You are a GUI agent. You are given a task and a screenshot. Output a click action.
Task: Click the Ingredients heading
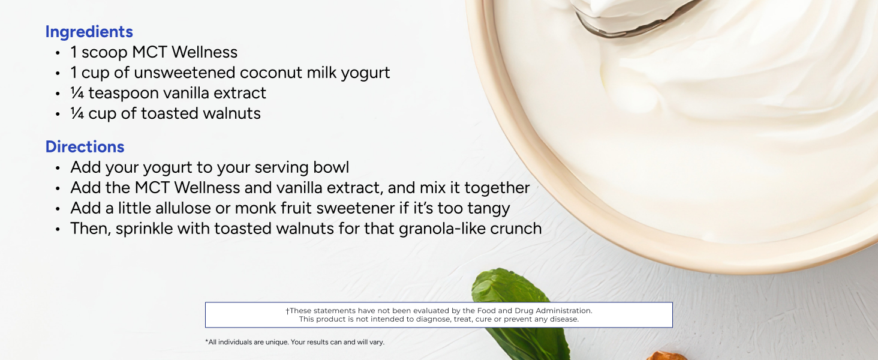[x=89, y=32]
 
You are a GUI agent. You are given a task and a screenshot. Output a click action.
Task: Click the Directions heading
[x=85, y=146]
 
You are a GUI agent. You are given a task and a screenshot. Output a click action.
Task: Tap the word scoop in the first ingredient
[x=104, y=53]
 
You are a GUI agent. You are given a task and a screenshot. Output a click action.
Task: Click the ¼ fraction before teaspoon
[x=77, y=93]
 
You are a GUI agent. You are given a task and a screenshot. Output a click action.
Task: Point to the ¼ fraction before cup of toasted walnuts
[x=77, y=113]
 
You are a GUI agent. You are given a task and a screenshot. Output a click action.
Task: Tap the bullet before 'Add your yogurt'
[x=58, y=168]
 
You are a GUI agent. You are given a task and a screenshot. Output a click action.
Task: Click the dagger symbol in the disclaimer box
[x=287, y=311]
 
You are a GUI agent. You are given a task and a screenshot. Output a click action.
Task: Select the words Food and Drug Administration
[x=534, y=311]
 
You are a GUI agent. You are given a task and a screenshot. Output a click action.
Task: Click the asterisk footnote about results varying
[x=294, y=342]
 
